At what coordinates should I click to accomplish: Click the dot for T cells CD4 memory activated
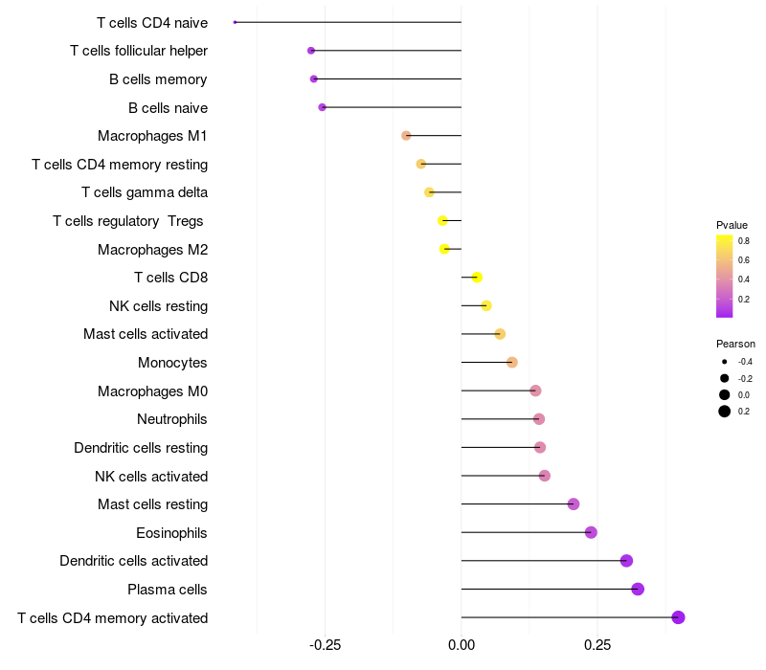pyautogui.click(x=678, y=617)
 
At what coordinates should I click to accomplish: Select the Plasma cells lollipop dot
pyautogui.click(x=638, y=589)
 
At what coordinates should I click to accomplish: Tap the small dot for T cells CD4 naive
pyautogui.click(x=235, y=22)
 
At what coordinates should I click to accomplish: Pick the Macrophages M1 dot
pyautogui.click(x=406, y=136)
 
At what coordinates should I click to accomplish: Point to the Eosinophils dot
pyautogui.click(x=591, y=532)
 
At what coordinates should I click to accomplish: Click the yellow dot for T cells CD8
pyautogui.click(x=477, y=278)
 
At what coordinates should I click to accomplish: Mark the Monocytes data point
pyautogui.click(x=512, y=362)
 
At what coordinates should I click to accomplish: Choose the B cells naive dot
pyautogui.click(x=322, y=107)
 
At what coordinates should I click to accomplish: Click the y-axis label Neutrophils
pyautogui.click(x=172, y=419)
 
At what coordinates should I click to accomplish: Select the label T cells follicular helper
pyautogui.click(x=139, y=51)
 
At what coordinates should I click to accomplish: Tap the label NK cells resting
pyautogui.click(x=159, y=306)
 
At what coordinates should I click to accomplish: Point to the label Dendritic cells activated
pyautogui.click(x=134, y=561)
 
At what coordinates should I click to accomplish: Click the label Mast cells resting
pyautogui.click(x=153, y=504)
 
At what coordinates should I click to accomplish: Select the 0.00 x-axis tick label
pyautogui.click(x=462, y=645)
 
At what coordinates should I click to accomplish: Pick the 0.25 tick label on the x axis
pyautogui.click(x=597, y=645)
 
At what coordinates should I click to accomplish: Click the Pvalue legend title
pyautogui.click(x=732, y=225)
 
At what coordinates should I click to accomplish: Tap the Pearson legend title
pyautogui.click(x=735, y=344)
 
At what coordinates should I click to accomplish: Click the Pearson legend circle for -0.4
pyautogui.click(x=725, y=362)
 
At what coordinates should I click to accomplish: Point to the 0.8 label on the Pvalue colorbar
pyautogui.click(x=744, y=241)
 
